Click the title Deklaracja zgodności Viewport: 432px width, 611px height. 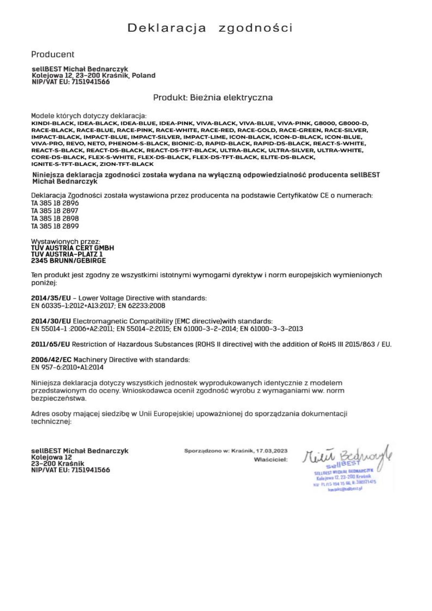point(210,28)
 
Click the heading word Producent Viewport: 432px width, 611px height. point(53,54)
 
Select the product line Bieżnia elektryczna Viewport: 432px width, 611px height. point(213,98)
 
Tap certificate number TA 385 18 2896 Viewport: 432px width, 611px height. point(55,203)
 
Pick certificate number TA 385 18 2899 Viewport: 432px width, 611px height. point(55,226)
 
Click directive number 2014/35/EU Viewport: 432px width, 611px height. point(51,298)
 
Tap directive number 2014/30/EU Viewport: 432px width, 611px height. point(51,321)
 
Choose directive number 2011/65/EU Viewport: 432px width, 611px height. point(51,344)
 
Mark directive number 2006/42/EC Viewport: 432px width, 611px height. point(51,359)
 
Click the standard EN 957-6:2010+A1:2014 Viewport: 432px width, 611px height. point(67,367)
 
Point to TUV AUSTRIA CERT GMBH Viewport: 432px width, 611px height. point(73,248)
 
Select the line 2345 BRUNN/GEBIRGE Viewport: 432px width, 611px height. point(69,261)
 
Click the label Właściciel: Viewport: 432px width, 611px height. point(271,460)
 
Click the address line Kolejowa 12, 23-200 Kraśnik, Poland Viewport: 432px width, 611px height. point(94,76)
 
